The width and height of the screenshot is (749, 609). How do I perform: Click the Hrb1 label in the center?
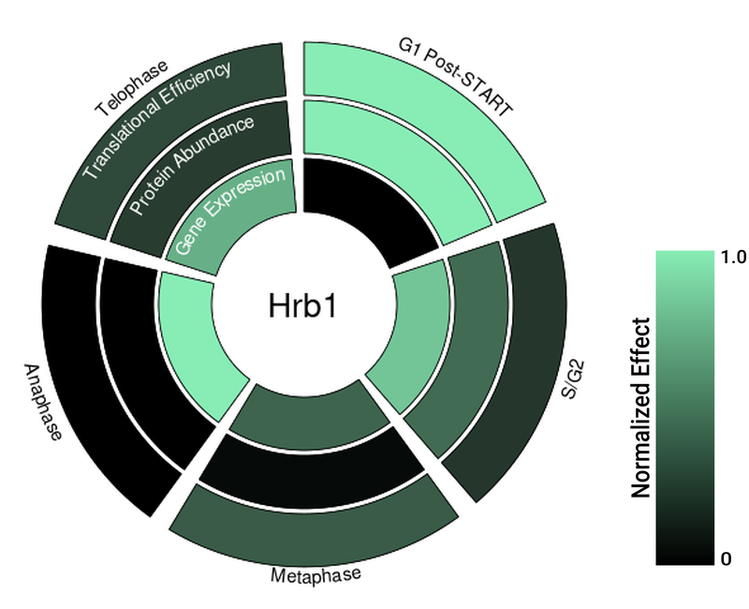302,305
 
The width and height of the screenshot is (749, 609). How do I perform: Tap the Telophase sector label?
132,88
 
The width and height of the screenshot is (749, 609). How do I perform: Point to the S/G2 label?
573,380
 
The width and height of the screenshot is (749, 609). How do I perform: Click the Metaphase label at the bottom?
316,574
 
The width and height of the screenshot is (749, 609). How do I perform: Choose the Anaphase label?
43,402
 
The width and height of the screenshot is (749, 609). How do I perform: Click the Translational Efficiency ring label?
157,120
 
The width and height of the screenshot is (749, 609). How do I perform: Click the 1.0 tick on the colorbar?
734,257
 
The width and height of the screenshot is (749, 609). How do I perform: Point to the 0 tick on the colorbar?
727,558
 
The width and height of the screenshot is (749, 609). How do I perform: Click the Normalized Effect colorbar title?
641,408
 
